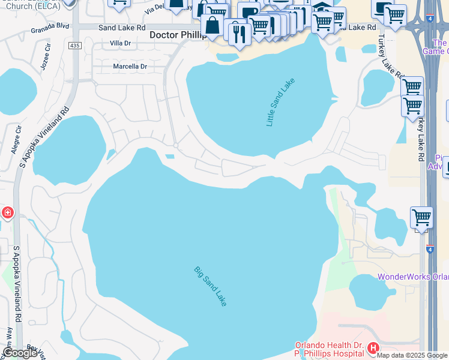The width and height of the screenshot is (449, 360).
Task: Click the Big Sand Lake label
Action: point(210,286)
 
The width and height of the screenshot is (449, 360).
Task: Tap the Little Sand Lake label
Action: point(281,102)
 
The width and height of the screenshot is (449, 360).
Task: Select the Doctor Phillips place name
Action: point(177,36)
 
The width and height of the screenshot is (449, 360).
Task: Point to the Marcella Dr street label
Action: point(130,67)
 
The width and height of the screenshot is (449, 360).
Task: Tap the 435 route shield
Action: point(74,46)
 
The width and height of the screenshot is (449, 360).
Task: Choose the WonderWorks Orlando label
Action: point(413,277)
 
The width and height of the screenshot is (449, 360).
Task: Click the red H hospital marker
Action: point(373,348)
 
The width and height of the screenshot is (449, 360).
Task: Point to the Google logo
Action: point(20,353)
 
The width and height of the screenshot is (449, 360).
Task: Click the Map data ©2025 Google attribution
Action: point(412,355)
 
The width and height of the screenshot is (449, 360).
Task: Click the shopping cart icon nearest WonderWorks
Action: point(422,217)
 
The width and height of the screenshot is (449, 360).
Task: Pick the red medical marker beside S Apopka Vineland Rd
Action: point(7,212)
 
